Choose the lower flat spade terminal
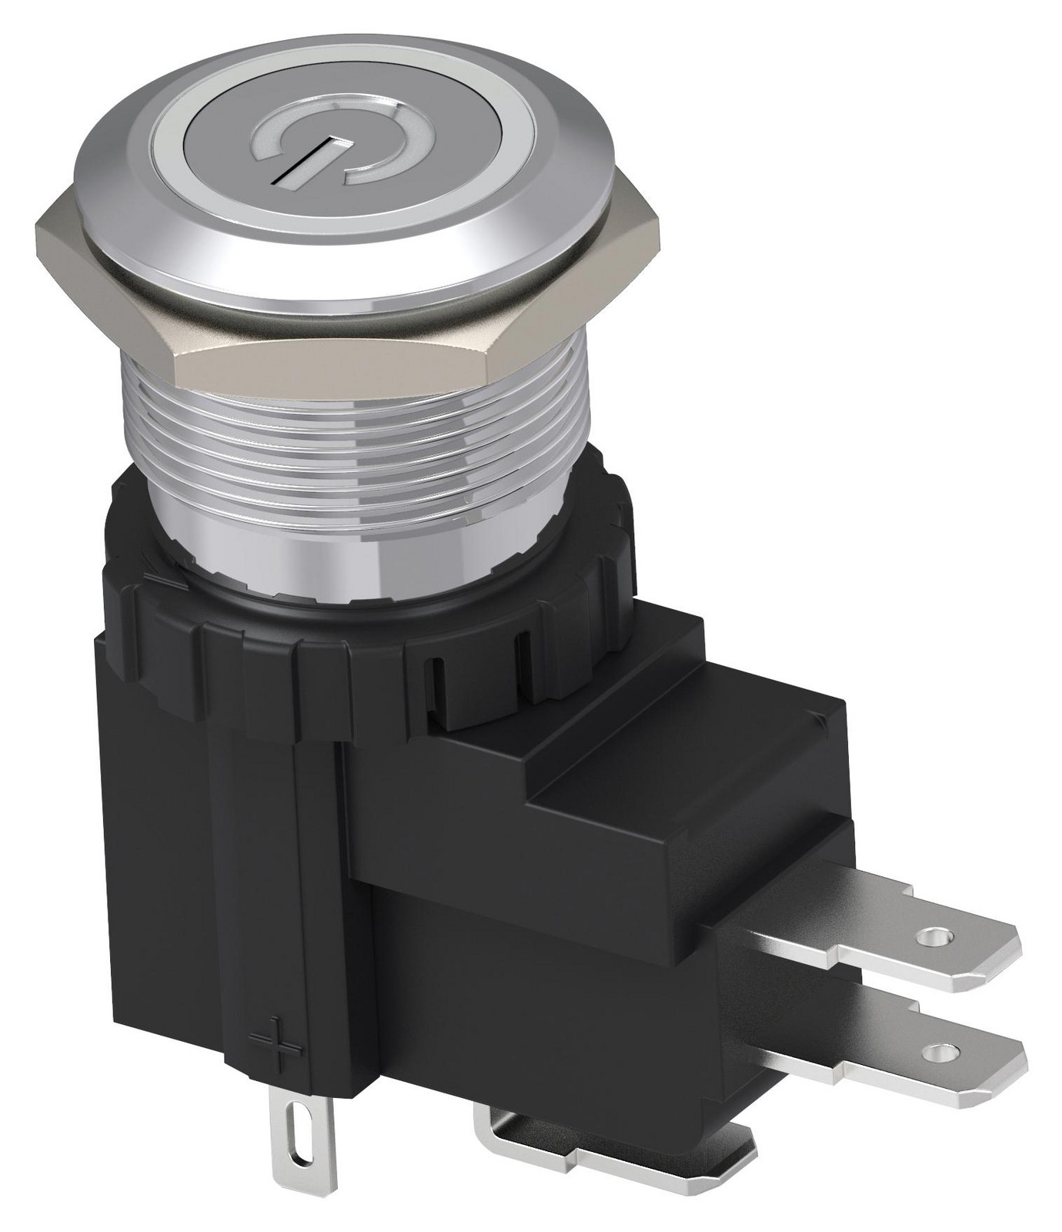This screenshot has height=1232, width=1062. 923,1051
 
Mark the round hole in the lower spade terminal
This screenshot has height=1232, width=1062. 936,1050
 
